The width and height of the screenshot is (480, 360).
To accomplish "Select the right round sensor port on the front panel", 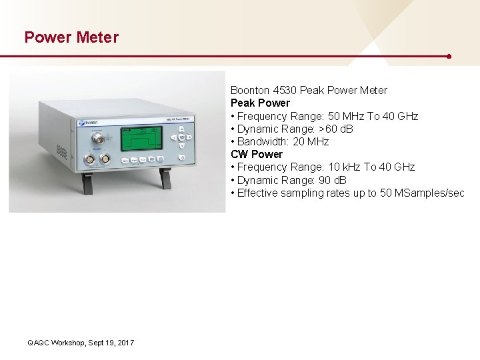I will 105,159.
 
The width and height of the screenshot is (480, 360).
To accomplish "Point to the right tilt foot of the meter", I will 165,177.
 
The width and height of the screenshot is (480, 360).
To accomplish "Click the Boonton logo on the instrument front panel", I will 89,123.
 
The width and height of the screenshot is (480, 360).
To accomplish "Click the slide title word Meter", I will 97,37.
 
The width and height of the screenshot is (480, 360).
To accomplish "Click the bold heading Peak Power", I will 260,103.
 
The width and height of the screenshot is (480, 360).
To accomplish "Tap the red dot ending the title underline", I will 449,56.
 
